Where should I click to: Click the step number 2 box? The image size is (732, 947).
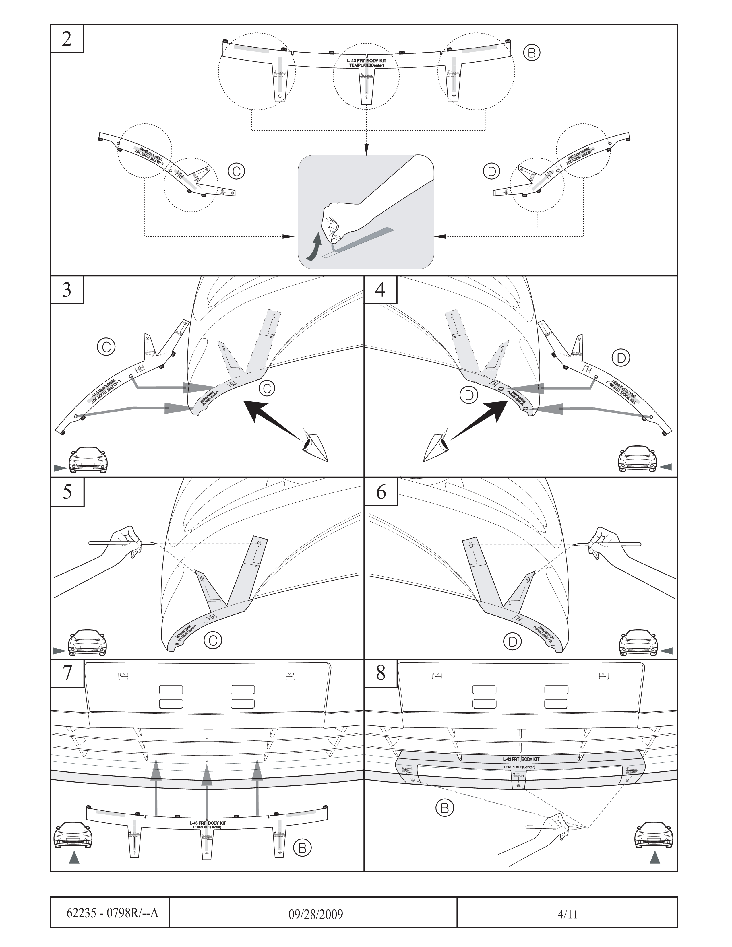[67, 38]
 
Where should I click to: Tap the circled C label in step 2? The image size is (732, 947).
[236, 171]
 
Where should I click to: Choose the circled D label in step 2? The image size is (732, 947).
[491, 171]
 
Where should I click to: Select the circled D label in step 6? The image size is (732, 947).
[513, 641]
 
